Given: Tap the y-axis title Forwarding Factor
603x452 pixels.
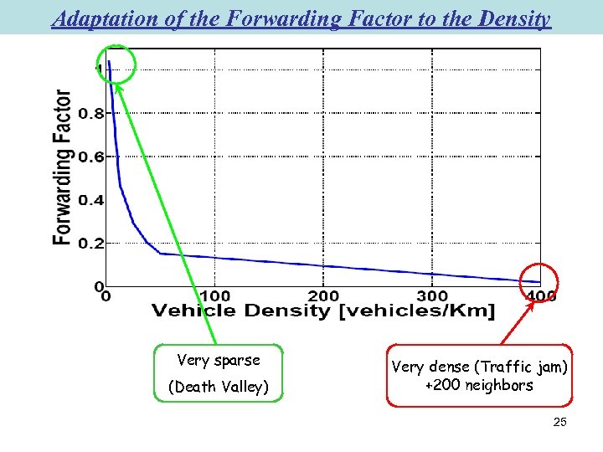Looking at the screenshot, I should (x=63, y=167).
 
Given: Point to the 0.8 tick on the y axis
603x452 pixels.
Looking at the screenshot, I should (x=91, y=114).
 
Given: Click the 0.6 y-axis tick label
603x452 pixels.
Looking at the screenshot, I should (x=91, y=157).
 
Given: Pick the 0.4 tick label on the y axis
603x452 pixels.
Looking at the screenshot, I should (x=91, y=200).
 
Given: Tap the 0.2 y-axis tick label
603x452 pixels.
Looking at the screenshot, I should (x=91, y=244).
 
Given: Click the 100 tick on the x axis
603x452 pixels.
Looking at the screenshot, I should (x=215, y=295).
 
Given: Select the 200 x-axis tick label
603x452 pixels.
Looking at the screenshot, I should (x=323, y=295).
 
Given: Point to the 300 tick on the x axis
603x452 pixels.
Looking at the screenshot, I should (x=432, y=295).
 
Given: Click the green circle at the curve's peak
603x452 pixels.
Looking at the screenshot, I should (x=116, y=64).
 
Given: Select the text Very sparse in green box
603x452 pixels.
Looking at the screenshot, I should (x=219, y=361).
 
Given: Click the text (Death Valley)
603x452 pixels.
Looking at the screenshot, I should (x=219, y=387).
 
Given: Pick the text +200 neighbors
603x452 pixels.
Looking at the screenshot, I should (x=479, y=386).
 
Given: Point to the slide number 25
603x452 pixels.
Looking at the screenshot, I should (x=559, y=423).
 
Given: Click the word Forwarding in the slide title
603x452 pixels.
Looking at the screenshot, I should (x=266, y=18).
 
